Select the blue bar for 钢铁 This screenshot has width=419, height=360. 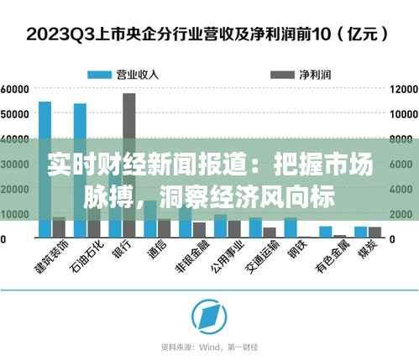291,227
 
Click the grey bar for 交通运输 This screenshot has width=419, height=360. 270,232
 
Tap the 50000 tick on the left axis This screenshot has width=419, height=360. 16,113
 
